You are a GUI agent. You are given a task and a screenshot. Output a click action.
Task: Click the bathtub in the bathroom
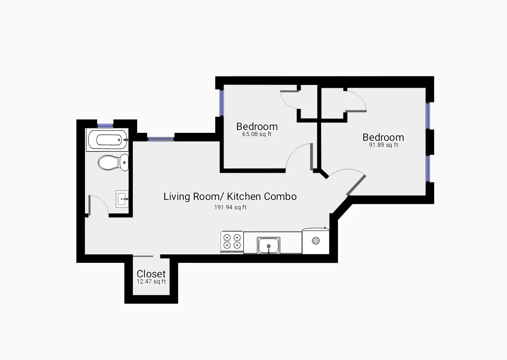point(108,140)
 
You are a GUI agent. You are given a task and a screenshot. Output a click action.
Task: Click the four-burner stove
point(232,242)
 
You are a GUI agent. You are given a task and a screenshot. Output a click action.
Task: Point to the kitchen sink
point(269,245)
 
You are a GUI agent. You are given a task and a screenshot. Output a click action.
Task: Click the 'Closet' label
point(151,274)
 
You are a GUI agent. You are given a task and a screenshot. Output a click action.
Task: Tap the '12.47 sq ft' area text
point(151,282)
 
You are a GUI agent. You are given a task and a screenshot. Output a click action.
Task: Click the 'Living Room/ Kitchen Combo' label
point(230,197)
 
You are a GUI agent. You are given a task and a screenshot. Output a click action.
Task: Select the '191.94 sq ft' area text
point(230,207)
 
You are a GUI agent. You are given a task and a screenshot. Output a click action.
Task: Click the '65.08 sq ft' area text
point(257,134)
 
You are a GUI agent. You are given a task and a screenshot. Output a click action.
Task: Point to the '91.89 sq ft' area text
point(383,145)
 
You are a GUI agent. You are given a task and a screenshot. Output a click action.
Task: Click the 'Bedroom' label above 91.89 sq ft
point(383,137)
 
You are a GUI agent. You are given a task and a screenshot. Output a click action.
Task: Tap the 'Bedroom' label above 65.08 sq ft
point(257,126)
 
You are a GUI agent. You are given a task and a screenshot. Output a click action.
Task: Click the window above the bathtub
point(106,124)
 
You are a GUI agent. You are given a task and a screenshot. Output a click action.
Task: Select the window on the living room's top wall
point(161,138)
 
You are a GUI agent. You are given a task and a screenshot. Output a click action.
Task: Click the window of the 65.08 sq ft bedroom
point(222,102)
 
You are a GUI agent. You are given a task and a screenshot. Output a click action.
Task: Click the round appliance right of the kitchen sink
point(316,241)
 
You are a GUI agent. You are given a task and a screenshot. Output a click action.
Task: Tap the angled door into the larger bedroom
point(355,185)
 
